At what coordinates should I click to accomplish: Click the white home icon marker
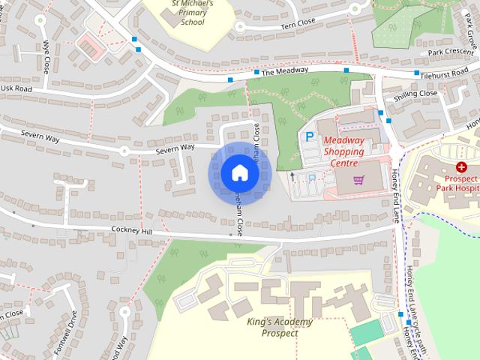(239, 173)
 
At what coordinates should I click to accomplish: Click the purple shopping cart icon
(337, 180)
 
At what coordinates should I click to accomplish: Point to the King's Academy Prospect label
(279, 327)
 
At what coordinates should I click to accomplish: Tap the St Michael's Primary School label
(192, 12)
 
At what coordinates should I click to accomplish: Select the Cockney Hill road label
(131, 232)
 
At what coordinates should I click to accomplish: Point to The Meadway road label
(285, 70)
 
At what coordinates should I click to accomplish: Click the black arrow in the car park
(271, 175)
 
